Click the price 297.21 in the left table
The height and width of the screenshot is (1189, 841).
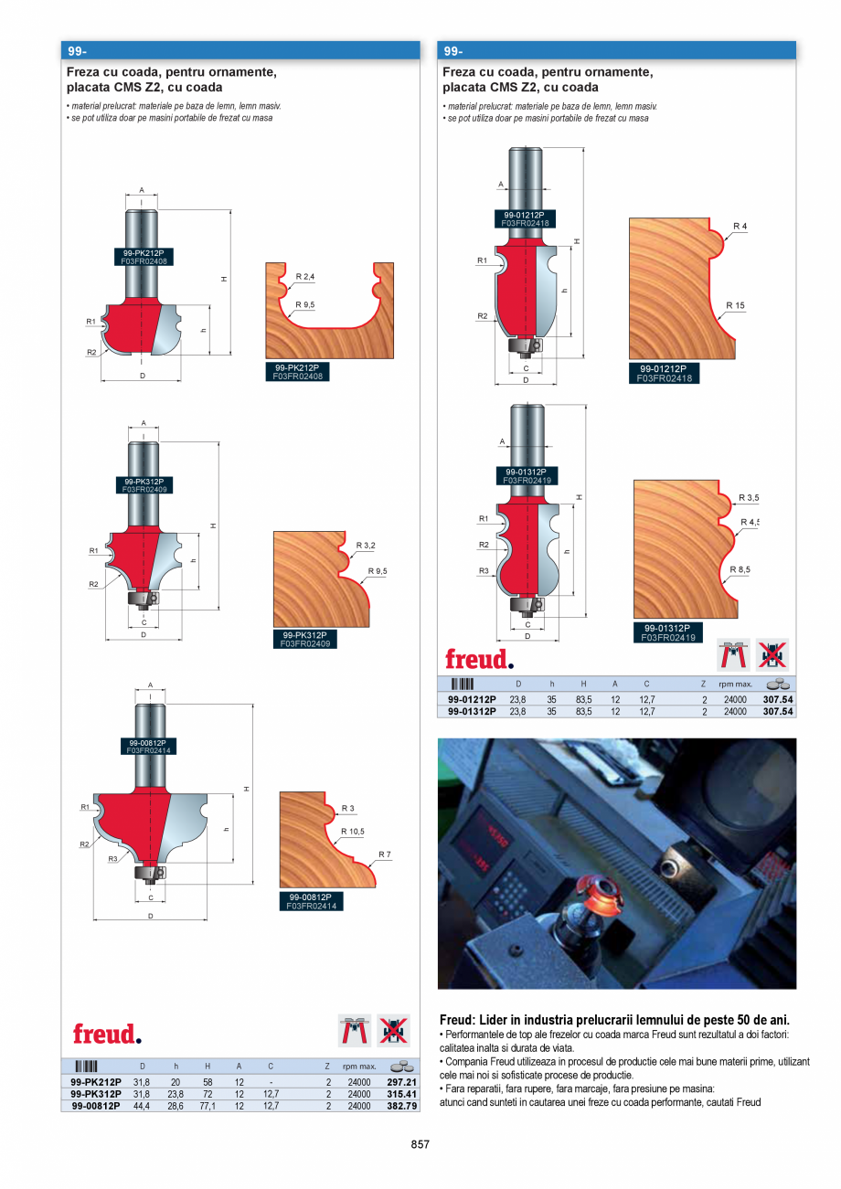coord(401,1081)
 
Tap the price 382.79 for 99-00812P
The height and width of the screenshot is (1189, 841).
coord(401,1106)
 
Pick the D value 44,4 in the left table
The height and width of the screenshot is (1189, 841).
coord(142,1106)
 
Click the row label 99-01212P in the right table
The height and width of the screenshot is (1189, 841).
coord(472,699)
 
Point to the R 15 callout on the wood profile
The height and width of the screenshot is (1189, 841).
coord(736,305)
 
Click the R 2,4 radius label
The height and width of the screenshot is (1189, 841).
coord(304,276)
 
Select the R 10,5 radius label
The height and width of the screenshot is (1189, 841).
coord(352,832)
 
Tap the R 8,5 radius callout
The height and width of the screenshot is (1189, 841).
coord(740,569)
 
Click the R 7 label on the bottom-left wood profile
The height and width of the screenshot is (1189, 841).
coord(384,855)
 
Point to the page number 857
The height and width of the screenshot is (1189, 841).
coord(420,1144)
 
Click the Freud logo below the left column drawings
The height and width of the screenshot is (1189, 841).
coord(108,1034)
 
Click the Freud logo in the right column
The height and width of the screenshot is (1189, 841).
coord(479,659)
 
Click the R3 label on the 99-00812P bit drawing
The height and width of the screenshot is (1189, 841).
coord(112,859)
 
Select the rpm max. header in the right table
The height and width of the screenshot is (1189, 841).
coord(735,684)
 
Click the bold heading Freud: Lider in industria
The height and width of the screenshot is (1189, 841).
coord(614,1020)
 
